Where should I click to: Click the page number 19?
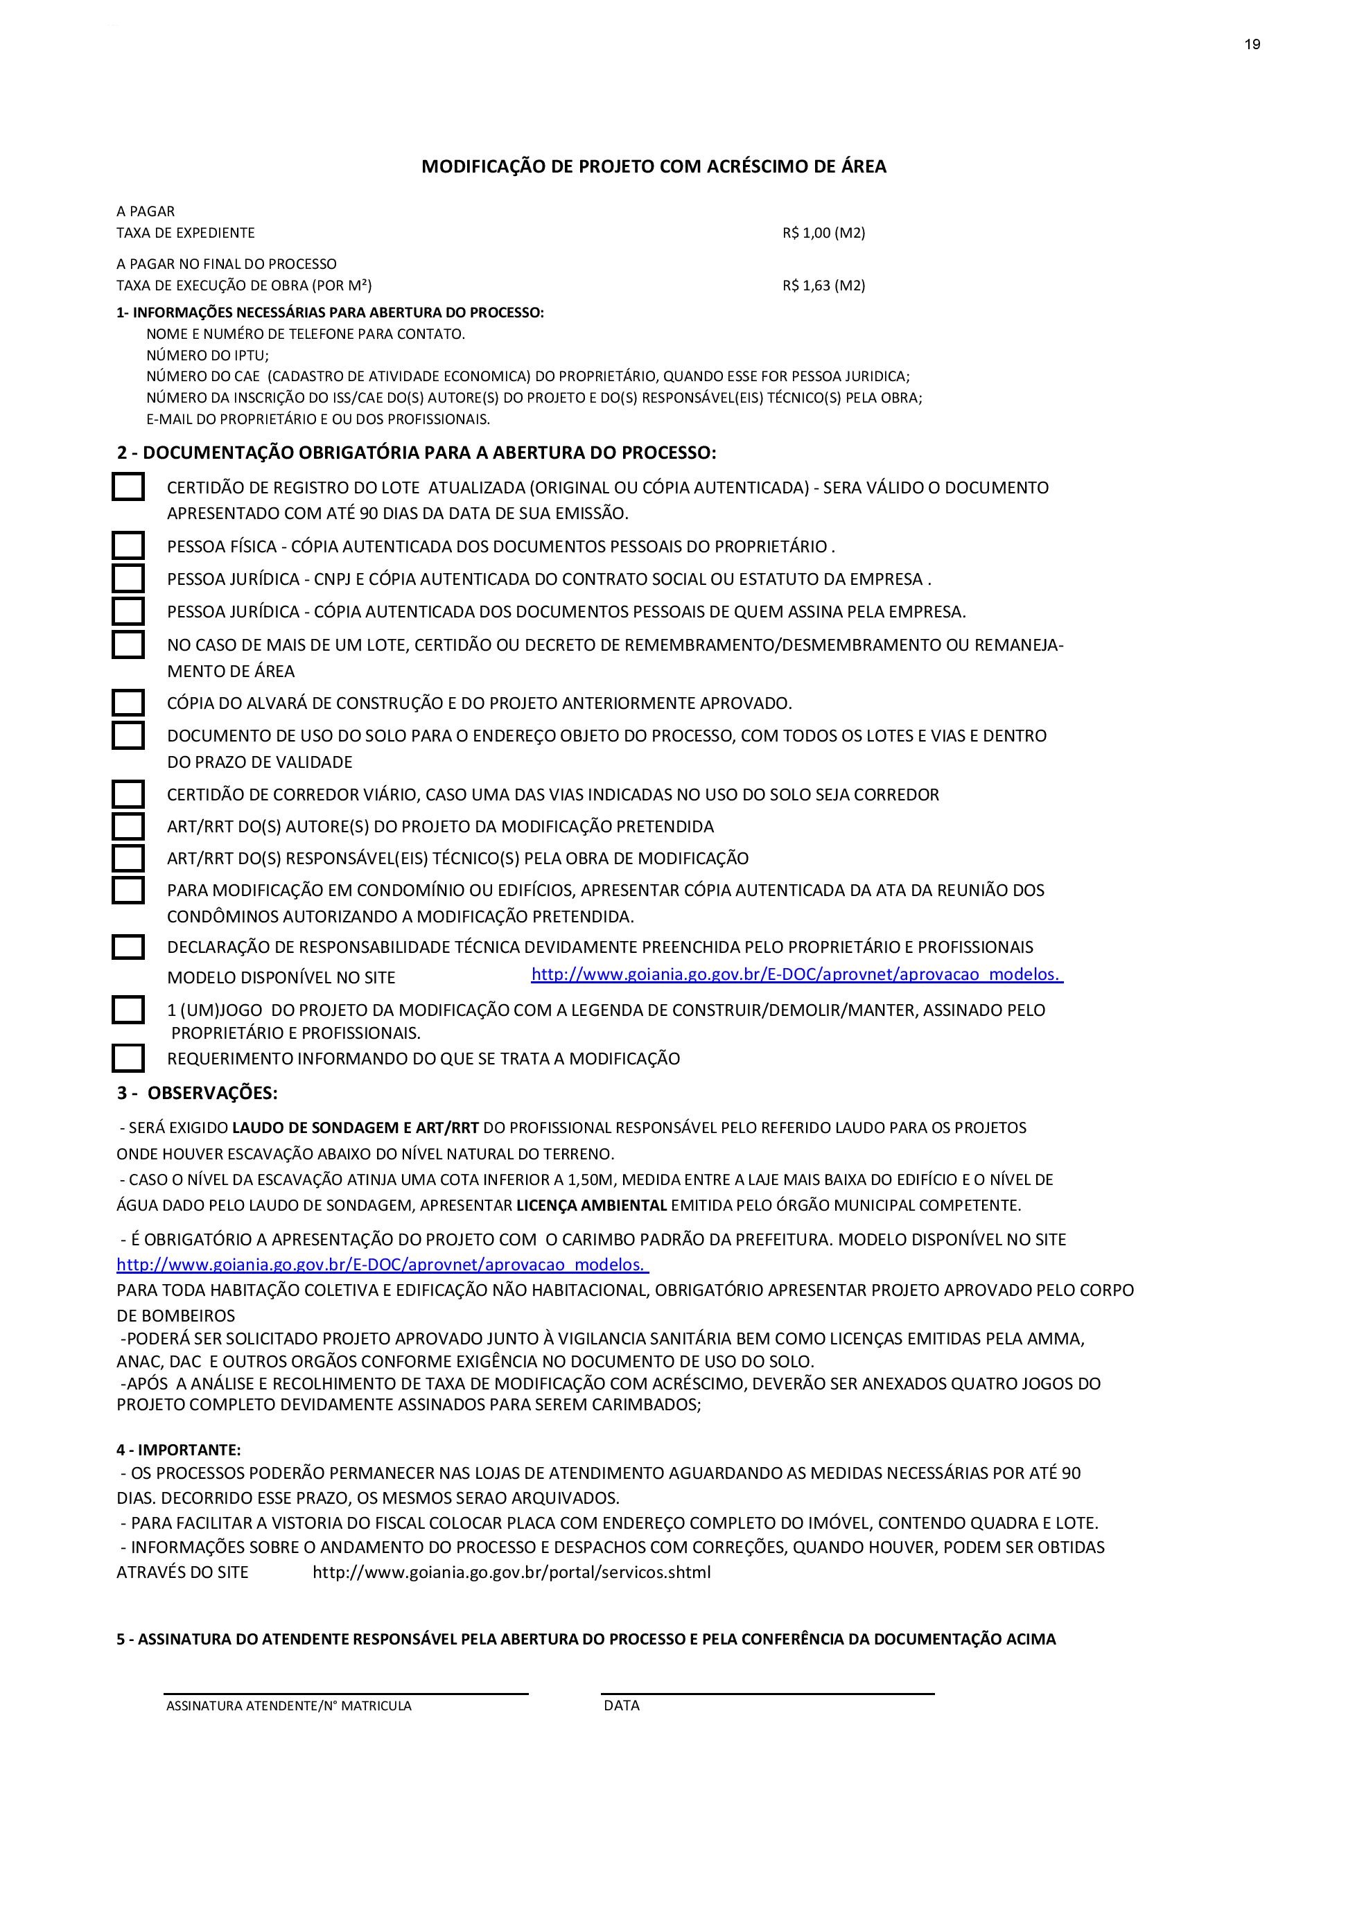1252,44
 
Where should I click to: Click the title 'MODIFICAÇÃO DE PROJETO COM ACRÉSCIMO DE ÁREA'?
654,166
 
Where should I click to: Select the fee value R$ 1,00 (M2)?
823,233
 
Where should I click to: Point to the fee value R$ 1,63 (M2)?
823,286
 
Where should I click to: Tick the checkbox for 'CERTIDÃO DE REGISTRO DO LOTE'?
128,486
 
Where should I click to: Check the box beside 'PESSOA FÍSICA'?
128,545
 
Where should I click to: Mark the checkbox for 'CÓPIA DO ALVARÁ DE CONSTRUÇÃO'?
128,702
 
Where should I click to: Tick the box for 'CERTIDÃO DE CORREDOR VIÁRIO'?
128,793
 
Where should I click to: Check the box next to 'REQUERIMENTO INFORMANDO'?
128,1058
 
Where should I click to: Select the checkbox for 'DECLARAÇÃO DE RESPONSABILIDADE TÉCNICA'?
128,947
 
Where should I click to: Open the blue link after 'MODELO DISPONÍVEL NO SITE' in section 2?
796,974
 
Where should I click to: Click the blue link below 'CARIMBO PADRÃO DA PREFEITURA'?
382,1264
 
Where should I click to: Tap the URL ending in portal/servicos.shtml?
511,1572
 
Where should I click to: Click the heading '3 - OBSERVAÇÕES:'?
198,1093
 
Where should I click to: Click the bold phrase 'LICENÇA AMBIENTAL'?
591,1205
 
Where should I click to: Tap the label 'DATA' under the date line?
622,1705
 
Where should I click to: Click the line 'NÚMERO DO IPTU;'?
207,356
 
